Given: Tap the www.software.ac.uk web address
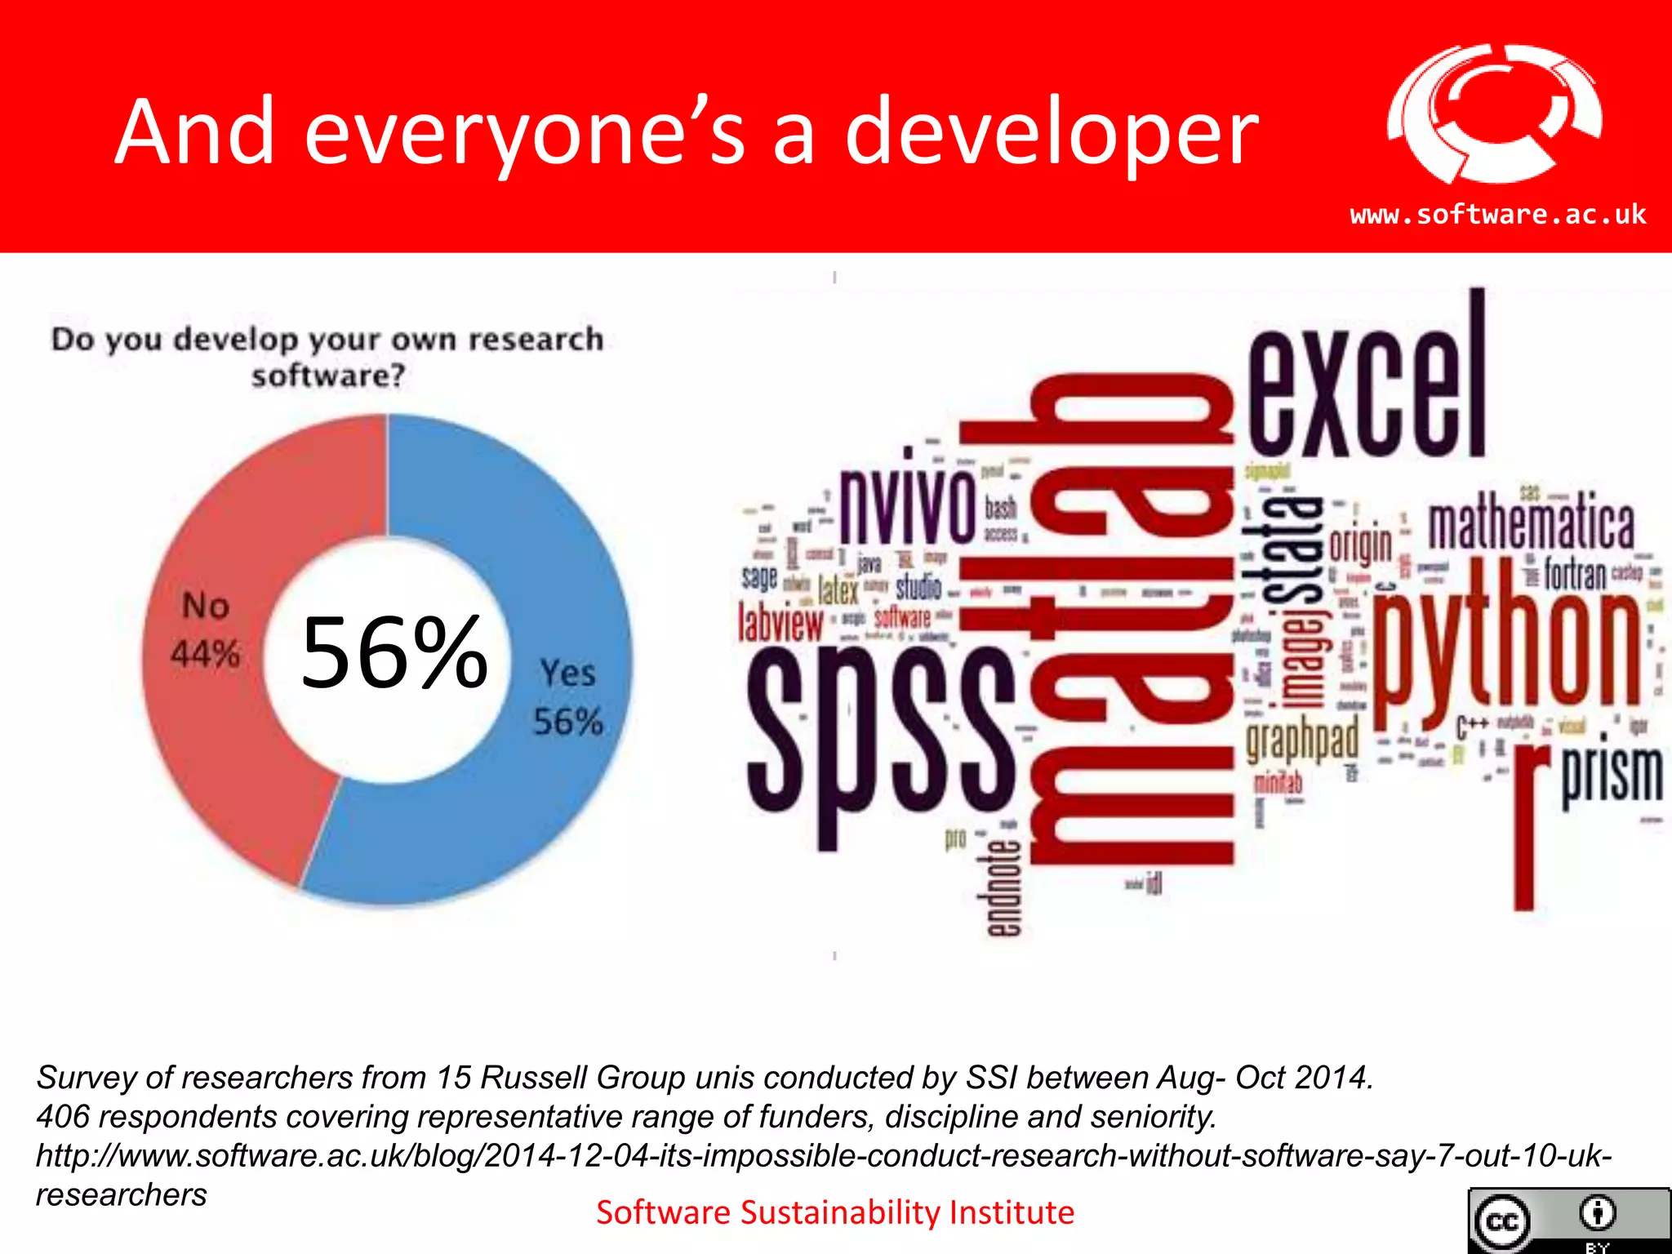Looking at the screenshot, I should tap(1498, 215).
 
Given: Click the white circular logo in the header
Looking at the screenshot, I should tap(1494, 114).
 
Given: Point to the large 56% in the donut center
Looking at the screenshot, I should tap(394, 653).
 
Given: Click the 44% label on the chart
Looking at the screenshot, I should tap(205, 654).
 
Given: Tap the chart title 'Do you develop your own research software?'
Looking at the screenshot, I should tap(327, 357).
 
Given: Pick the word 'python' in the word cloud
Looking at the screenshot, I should tap(1506, 645).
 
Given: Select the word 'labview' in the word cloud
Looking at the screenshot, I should tap(780, 623).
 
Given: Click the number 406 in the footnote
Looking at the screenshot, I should tap(62, 1117).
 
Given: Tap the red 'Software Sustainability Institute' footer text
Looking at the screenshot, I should tap(834, 1212).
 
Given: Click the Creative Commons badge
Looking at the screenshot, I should tap(1567, 1221).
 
